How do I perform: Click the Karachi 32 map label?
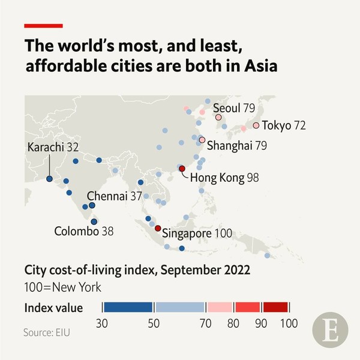point(54,147)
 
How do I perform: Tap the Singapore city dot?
point(158,229)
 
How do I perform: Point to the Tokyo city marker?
point(256,125)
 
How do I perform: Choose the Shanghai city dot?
point(202,140)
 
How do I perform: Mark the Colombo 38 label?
point(84,230)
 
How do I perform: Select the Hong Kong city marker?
point(182,169)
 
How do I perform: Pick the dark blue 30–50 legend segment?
point(128,307)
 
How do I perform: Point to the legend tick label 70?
point(206,323)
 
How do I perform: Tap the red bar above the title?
point(43,26)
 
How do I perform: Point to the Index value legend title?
point(53,308)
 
